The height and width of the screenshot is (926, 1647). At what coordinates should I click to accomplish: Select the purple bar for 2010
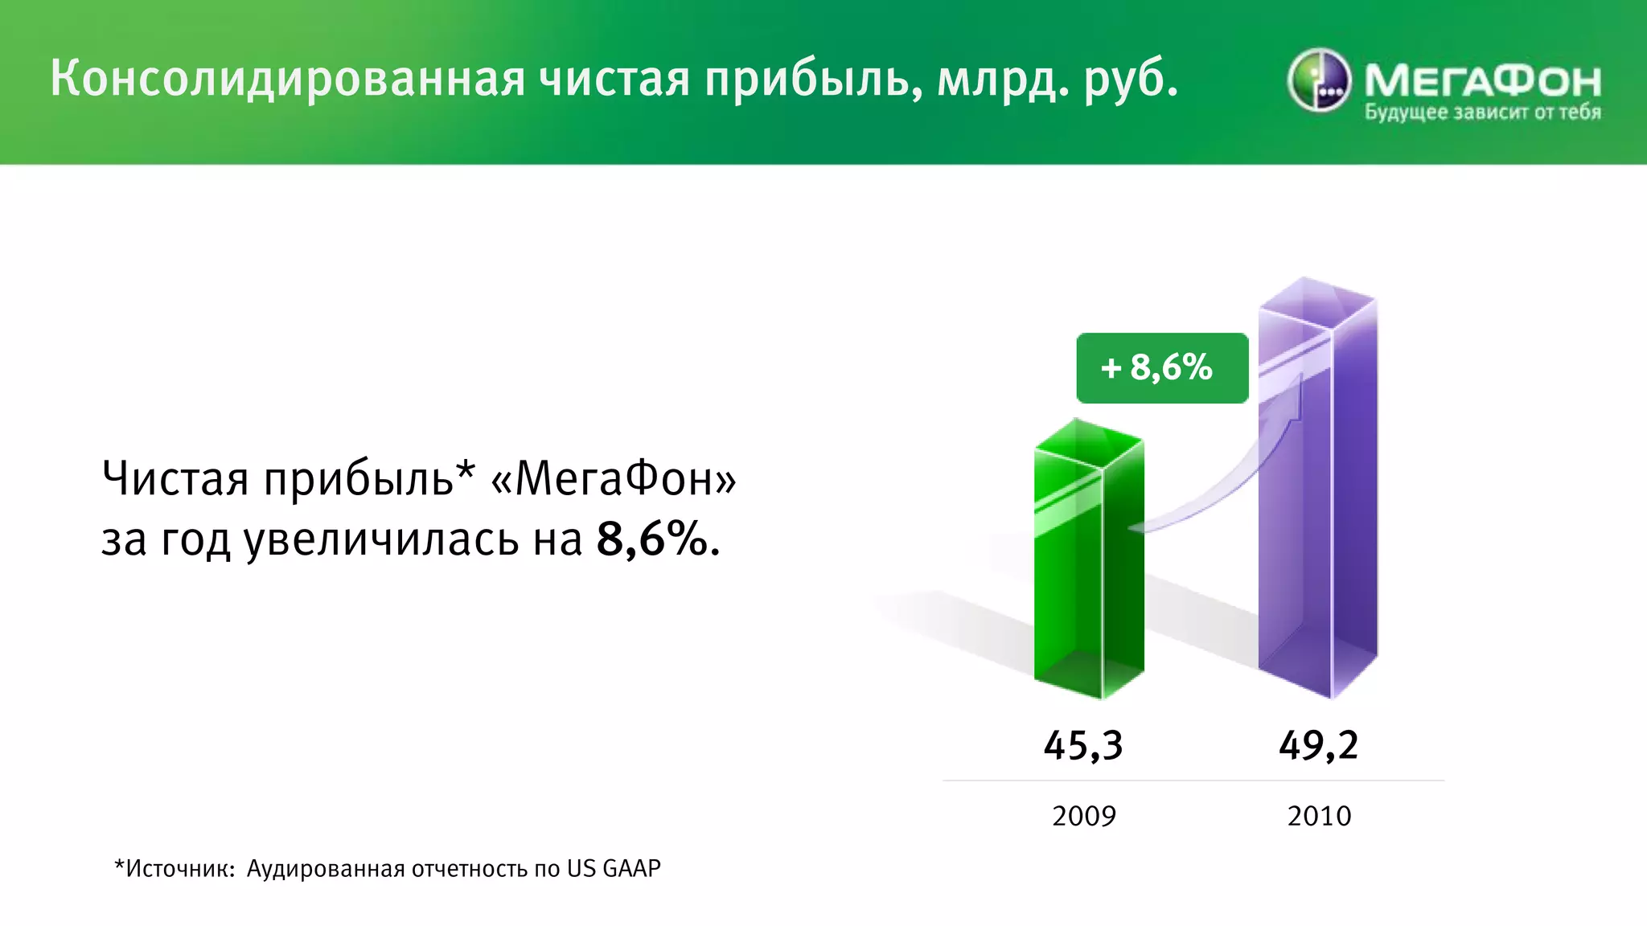(x=1317, y=498)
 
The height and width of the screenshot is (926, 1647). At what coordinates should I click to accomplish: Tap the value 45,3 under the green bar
(x=1083, y=745)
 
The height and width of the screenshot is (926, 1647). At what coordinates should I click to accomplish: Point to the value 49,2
(x=1319, y=745)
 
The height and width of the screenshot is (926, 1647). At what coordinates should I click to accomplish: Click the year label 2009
(x=1084, y=816)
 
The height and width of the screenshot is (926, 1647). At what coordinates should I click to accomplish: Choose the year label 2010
(x=1319, y=816)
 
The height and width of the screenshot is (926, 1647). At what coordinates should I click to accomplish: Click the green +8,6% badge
(x=1161, y=367)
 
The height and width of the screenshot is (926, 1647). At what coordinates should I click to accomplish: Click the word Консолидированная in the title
(x=288, y=79)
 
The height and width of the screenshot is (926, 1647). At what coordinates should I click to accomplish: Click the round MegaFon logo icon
(x=1319, y=80)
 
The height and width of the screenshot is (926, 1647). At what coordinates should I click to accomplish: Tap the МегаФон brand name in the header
(x=1482, y=80)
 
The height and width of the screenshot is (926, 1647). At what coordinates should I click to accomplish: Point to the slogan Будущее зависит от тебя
(x=1482, y=113)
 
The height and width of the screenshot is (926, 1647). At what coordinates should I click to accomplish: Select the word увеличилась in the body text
(x=382, y=539)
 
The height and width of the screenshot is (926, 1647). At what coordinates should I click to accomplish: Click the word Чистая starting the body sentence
(x=175, y=478)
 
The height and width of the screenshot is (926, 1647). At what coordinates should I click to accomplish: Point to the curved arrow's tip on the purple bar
(x=1300, y=378)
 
